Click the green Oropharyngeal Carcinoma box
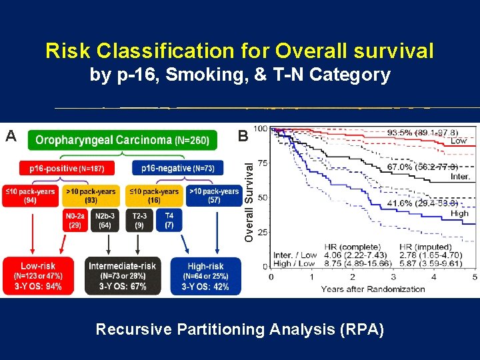123,140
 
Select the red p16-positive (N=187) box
66,169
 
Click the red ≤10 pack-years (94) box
29,195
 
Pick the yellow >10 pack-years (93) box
91,195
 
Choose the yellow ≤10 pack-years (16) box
154,195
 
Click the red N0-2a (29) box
75,221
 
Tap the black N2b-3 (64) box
105,221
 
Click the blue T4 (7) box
169,221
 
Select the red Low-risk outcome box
38,276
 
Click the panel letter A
11,137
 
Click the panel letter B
243,137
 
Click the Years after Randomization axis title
373,289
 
